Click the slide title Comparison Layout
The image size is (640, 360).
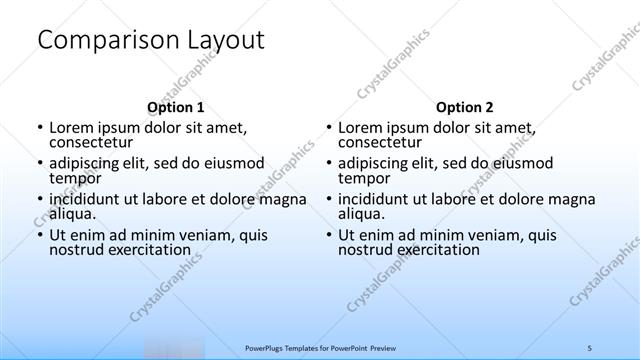click(150, 41)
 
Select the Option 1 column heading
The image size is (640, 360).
click(175, 107)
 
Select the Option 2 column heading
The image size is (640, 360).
click(464, 107)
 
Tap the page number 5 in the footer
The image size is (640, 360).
click(589, 347)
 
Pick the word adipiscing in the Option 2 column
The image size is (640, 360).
click(376, 163)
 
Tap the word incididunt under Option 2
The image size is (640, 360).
click(378, 198)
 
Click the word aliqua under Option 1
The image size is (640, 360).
click(72, 213)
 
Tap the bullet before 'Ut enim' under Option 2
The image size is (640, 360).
click(329, 235)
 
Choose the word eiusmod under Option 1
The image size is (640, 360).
click(231, 163)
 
